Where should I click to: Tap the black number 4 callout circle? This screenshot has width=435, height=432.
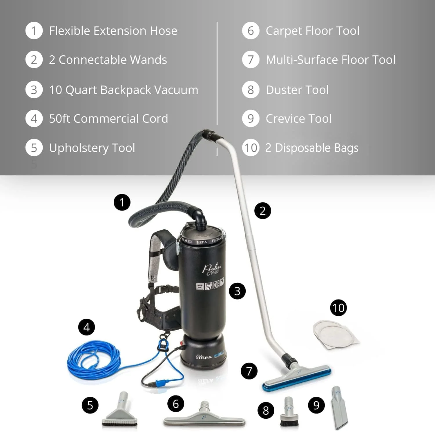(x=86, y=327)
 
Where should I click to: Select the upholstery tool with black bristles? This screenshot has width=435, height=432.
(x=120, y=412)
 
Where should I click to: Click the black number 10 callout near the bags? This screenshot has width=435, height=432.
(x=338, y=308)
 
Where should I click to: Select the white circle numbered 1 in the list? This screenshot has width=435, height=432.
(x=34, y=31)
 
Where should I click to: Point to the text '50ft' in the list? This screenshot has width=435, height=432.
(x=59, y=119)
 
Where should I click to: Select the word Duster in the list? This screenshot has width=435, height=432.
(x=283, y=90)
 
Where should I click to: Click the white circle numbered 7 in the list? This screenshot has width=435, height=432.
(x=251, y=60)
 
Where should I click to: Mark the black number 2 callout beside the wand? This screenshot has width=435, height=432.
(x=262, y=211)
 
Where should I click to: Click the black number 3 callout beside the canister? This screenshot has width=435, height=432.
(x=237, y=291)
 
